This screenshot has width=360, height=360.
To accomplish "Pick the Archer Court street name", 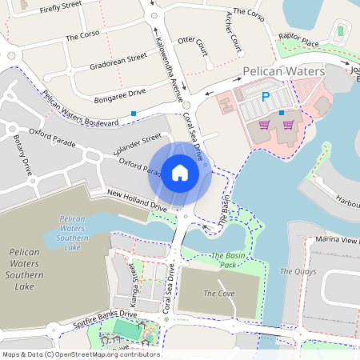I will click(x=234, y=33).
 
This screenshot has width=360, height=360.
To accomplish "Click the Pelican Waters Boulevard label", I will click(x=80, y=109).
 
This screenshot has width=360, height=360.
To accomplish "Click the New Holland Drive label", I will click(x=137, y=201).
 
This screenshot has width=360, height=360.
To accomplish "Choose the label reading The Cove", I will click(x=219, y=294).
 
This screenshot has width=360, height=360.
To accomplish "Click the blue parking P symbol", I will click(x=266, y=97).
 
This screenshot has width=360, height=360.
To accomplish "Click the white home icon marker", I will click(x=180, y=172).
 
